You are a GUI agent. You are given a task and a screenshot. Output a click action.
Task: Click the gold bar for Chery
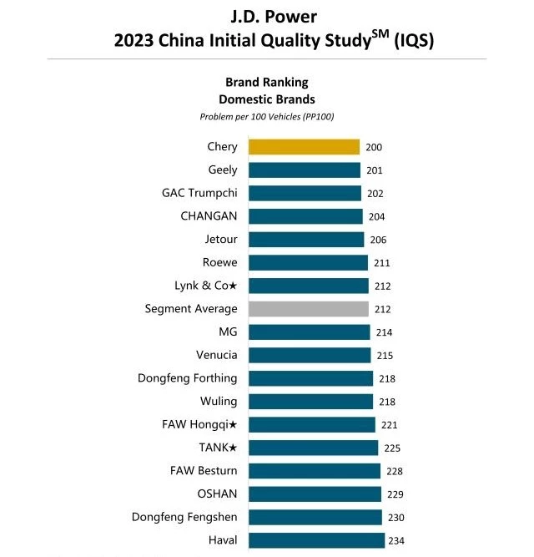tap(304, 147)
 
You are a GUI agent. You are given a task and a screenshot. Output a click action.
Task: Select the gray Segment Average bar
tap(309, 309)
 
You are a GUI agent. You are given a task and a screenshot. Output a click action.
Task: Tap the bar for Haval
tap(316, 540)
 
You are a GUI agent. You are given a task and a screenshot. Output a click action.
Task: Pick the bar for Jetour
tap(306, 240)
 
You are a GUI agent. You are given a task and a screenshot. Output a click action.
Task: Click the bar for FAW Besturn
tap(315, 471)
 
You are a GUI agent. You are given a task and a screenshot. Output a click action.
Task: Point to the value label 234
tap(396, 541)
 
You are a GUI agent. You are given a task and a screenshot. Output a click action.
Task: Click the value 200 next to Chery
tap(374, 148)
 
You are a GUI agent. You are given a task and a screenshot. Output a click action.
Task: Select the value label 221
tap(387, 425)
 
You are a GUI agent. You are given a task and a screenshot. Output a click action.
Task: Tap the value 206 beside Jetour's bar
tap(379, 241)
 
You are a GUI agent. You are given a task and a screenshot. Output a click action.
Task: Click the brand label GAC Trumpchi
tap(199, 193)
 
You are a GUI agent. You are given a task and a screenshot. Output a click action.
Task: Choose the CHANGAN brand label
tap(209, 216)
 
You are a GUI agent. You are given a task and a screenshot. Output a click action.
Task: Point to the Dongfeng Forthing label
tap(188, 378)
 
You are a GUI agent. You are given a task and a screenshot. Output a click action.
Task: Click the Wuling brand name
tap(219, 402)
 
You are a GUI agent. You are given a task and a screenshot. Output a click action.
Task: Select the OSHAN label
tap(217, 494)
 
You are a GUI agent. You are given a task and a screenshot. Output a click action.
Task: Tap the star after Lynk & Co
tap(233, 286)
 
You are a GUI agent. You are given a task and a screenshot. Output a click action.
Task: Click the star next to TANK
tap(233, 448)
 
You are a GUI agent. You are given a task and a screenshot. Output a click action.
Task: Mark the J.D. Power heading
tap(267, 16)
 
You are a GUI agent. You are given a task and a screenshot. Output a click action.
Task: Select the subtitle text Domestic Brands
tap(267, 99)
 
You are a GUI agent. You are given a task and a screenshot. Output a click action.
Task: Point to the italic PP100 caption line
tap(267, 116)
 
